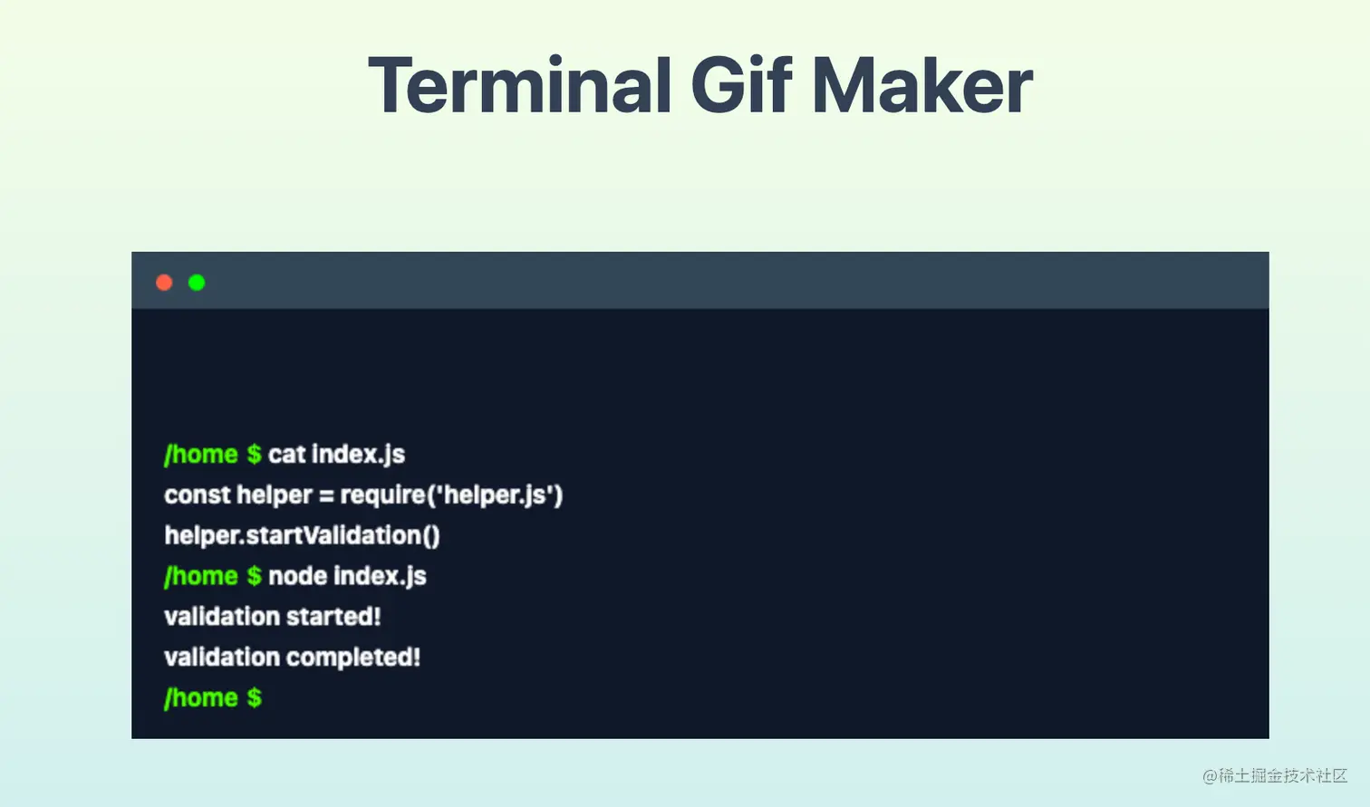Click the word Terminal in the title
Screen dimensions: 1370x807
point(520,85)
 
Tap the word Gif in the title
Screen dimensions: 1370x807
point(741,85)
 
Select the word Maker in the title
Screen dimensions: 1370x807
point(922,85)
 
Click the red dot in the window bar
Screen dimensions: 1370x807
point(164,283)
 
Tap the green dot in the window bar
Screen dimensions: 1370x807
point(197,283)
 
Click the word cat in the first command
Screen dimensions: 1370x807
point(286,455)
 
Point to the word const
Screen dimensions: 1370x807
point(197,495)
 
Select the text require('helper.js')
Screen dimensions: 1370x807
point(451,495)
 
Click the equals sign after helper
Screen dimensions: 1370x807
point(326,495)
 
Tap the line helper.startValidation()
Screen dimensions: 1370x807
point(302,536)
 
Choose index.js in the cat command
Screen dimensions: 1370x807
point(359,455)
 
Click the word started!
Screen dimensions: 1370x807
point(333,617)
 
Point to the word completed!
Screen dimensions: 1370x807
point(352,658)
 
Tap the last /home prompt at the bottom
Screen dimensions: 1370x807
point(200,697)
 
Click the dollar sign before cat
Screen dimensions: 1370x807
point(254,455)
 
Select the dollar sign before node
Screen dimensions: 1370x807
point(254,576)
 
